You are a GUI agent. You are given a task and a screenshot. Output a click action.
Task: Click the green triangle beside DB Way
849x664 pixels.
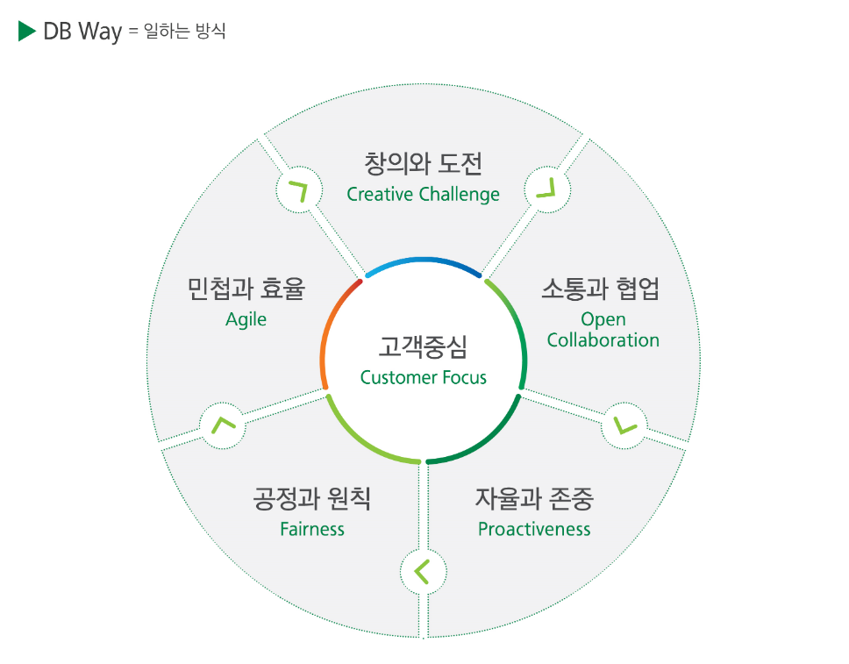click(x=25, y=32)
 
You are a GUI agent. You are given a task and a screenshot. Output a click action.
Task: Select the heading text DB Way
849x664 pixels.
click(x=82, y=32)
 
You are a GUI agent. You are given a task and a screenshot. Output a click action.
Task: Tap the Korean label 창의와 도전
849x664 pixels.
click(x=423, y=164)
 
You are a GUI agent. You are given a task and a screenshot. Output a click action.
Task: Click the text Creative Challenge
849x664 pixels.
click(x=423, y=194)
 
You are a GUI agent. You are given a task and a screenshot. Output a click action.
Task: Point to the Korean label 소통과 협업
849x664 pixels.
click(x=600, y=289)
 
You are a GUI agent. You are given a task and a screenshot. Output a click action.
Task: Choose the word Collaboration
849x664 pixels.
click(x=603, y=340)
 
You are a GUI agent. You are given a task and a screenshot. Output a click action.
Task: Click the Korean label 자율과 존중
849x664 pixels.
click(x=534, y=499)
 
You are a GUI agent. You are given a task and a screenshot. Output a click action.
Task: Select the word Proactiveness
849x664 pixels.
click(x=534, y=529)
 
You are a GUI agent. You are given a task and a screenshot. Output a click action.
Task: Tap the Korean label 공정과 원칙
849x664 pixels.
click(x=312, y=499)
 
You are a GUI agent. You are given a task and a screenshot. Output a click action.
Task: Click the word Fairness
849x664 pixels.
click(x=312, y=529)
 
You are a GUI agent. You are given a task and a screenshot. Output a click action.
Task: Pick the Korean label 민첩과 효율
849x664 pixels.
click(x=246, y=289)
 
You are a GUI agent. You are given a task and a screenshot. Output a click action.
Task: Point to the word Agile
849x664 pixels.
click(x=246, y=319)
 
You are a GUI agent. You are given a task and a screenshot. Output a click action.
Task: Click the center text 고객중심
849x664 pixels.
click(x=423, y=346)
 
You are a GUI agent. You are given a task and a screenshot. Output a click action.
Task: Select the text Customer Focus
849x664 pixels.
click(x=423, y=378)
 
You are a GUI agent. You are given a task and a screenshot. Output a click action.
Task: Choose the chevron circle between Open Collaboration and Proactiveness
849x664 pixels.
click(x=624, y=425)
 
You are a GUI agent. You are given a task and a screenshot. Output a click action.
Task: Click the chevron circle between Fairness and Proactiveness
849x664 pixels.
click(x=423, y=571)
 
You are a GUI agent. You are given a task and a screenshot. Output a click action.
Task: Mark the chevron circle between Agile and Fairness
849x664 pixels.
click(x=223, y=425)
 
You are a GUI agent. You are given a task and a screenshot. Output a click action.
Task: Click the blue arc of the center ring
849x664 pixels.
click(x=423, y=260)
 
